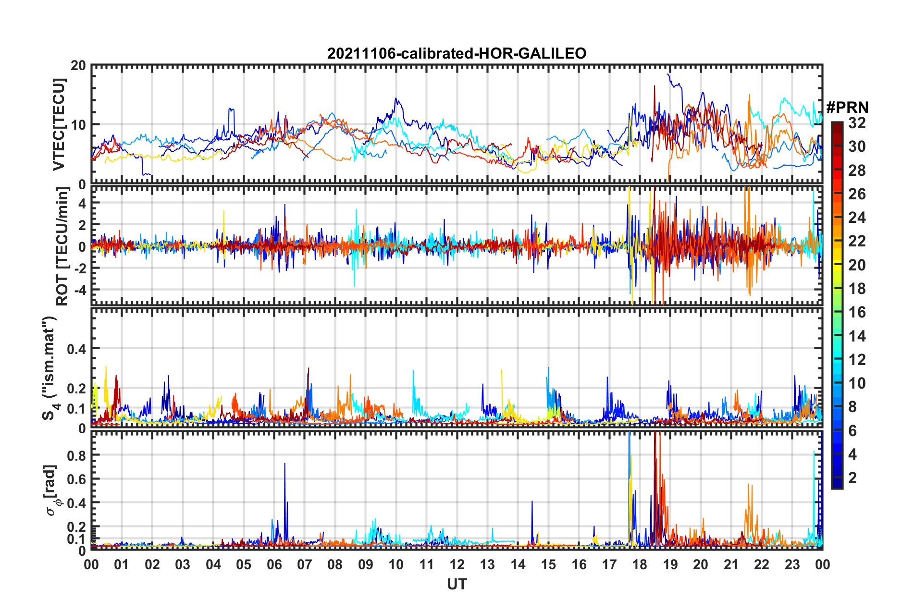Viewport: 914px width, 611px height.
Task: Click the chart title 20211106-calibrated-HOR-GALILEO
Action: (x=457, y=53)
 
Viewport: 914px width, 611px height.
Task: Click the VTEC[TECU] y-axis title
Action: (x=59, y=124)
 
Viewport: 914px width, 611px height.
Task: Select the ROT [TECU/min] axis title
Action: (x=62, y=246)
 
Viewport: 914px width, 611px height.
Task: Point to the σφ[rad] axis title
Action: (x=50, y=490)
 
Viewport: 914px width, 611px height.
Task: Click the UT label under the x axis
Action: (x=457, y=584)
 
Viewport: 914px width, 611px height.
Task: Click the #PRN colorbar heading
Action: (x=847, y=107)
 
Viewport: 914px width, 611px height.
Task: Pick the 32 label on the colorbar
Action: (x=857, y=123)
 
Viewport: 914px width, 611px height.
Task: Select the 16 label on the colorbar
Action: (x=857, y=312)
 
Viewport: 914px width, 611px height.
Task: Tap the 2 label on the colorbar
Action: (x=852, y=477)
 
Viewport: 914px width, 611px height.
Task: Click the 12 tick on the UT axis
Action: (x=457, y=564)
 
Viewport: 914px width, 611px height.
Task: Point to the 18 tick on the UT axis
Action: (x=640, y=564)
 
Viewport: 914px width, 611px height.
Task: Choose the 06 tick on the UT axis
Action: (x=274, y=564)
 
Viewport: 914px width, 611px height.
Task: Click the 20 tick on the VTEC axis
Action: (x=78, y=66)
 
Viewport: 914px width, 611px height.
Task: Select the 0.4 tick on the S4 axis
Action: (x=76, y=349)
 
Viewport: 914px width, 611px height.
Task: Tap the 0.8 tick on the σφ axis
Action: (x=76, y=455)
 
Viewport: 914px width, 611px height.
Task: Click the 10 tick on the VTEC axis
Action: (x=78, y=125)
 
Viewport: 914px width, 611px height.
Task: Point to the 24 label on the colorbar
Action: (x=857, y=218)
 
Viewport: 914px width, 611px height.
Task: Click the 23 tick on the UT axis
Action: (x=792, y=564)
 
